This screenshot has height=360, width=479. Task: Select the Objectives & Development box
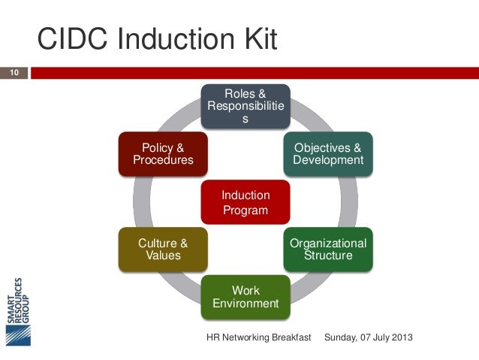[x=328, y=153]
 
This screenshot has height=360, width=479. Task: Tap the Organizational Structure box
[x=328, y=250]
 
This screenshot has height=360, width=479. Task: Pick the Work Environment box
[x=246, y=297]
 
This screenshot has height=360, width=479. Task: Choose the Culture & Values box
[x=163, y=250]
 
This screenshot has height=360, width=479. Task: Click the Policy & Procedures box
[x=163, y=153]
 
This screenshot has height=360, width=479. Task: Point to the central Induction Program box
[x=246, y=202]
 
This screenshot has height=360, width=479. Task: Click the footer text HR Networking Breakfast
[x=258, y=339]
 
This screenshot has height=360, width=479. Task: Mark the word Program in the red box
[x=246, y=210]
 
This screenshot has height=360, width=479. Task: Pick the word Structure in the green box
[x=328, y=256]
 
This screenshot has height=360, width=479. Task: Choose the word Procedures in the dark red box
[x=163, y=160]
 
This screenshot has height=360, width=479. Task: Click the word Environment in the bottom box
[x=246, y=304]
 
